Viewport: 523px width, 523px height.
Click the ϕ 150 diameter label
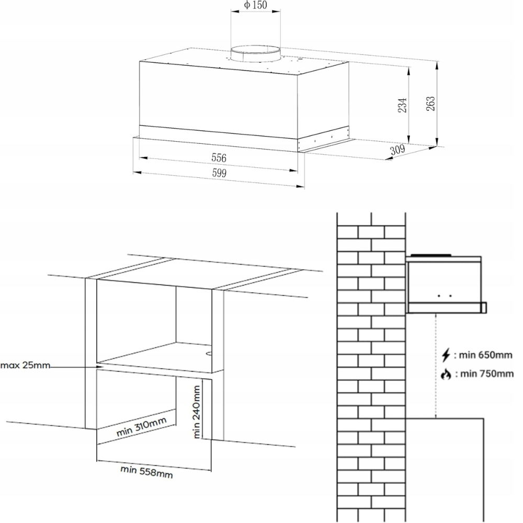pos(256,5)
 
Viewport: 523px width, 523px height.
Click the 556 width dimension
pos(219,158)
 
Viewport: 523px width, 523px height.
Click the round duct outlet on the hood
pos(256,53)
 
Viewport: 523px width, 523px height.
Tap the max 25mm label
pos(25,365)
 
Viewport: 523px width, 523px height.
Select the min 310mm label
pos(141,427)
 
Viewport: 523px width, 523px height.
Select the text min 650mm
pos(486,355)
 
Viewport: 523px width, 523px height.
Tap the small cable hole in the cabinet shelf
pos(209,353)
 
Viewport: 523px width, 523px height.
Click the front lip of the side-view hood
pos(484,308)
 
